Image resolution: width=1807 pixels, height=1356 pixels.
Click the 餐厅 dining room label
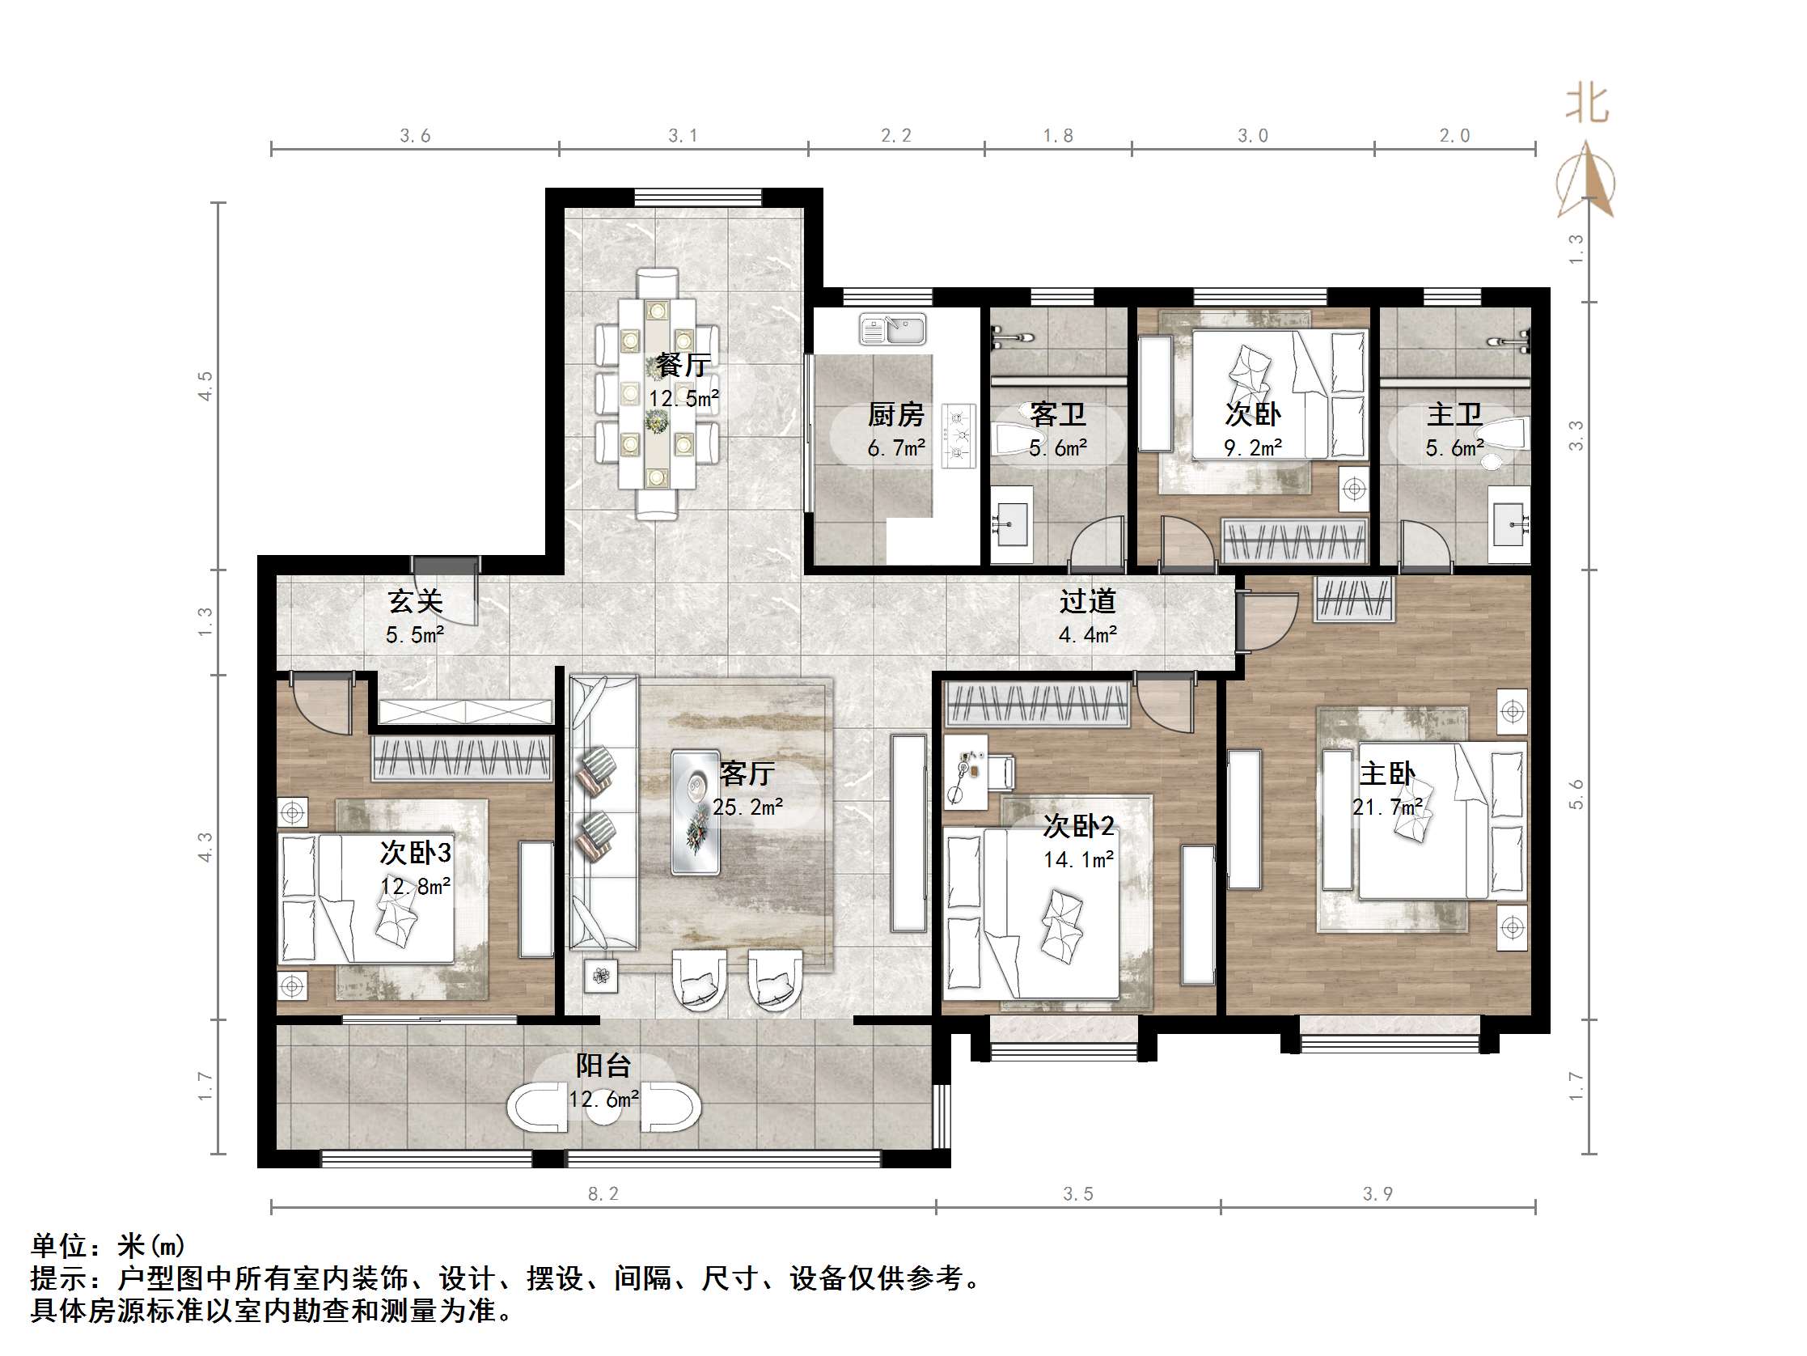683,365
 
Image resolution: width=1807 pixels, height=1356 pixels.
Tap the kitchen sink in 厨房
892,330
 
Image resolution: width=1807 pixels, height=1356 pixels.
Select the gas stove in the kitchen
959,435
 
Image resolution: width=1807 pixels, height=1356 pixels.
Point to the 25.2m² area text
747,807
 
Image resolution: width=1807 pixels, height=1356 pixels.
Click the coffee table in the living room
696,811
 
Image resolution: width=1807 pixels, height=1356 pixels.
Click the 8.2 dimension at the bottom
603,1194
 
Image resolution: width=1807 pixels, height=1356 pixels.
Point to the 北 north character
1586,104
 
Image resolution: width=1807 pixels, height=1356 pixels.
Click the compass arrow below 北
1585,180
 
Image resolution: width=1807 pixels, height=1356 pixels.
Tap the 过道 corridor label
1087,602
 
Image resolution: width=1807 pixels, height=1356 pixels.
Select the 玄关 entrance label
415,602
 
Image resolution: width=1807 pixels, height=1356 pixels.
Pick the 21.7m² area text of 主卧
1387,807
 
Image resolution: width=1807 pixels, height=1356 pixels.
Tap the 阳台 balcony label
603,1065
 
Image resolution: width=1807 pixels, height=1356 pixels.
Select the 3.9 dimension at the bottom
1377,1194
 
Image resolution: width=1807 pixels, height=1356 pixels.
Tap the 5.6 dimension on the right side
1576,795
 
